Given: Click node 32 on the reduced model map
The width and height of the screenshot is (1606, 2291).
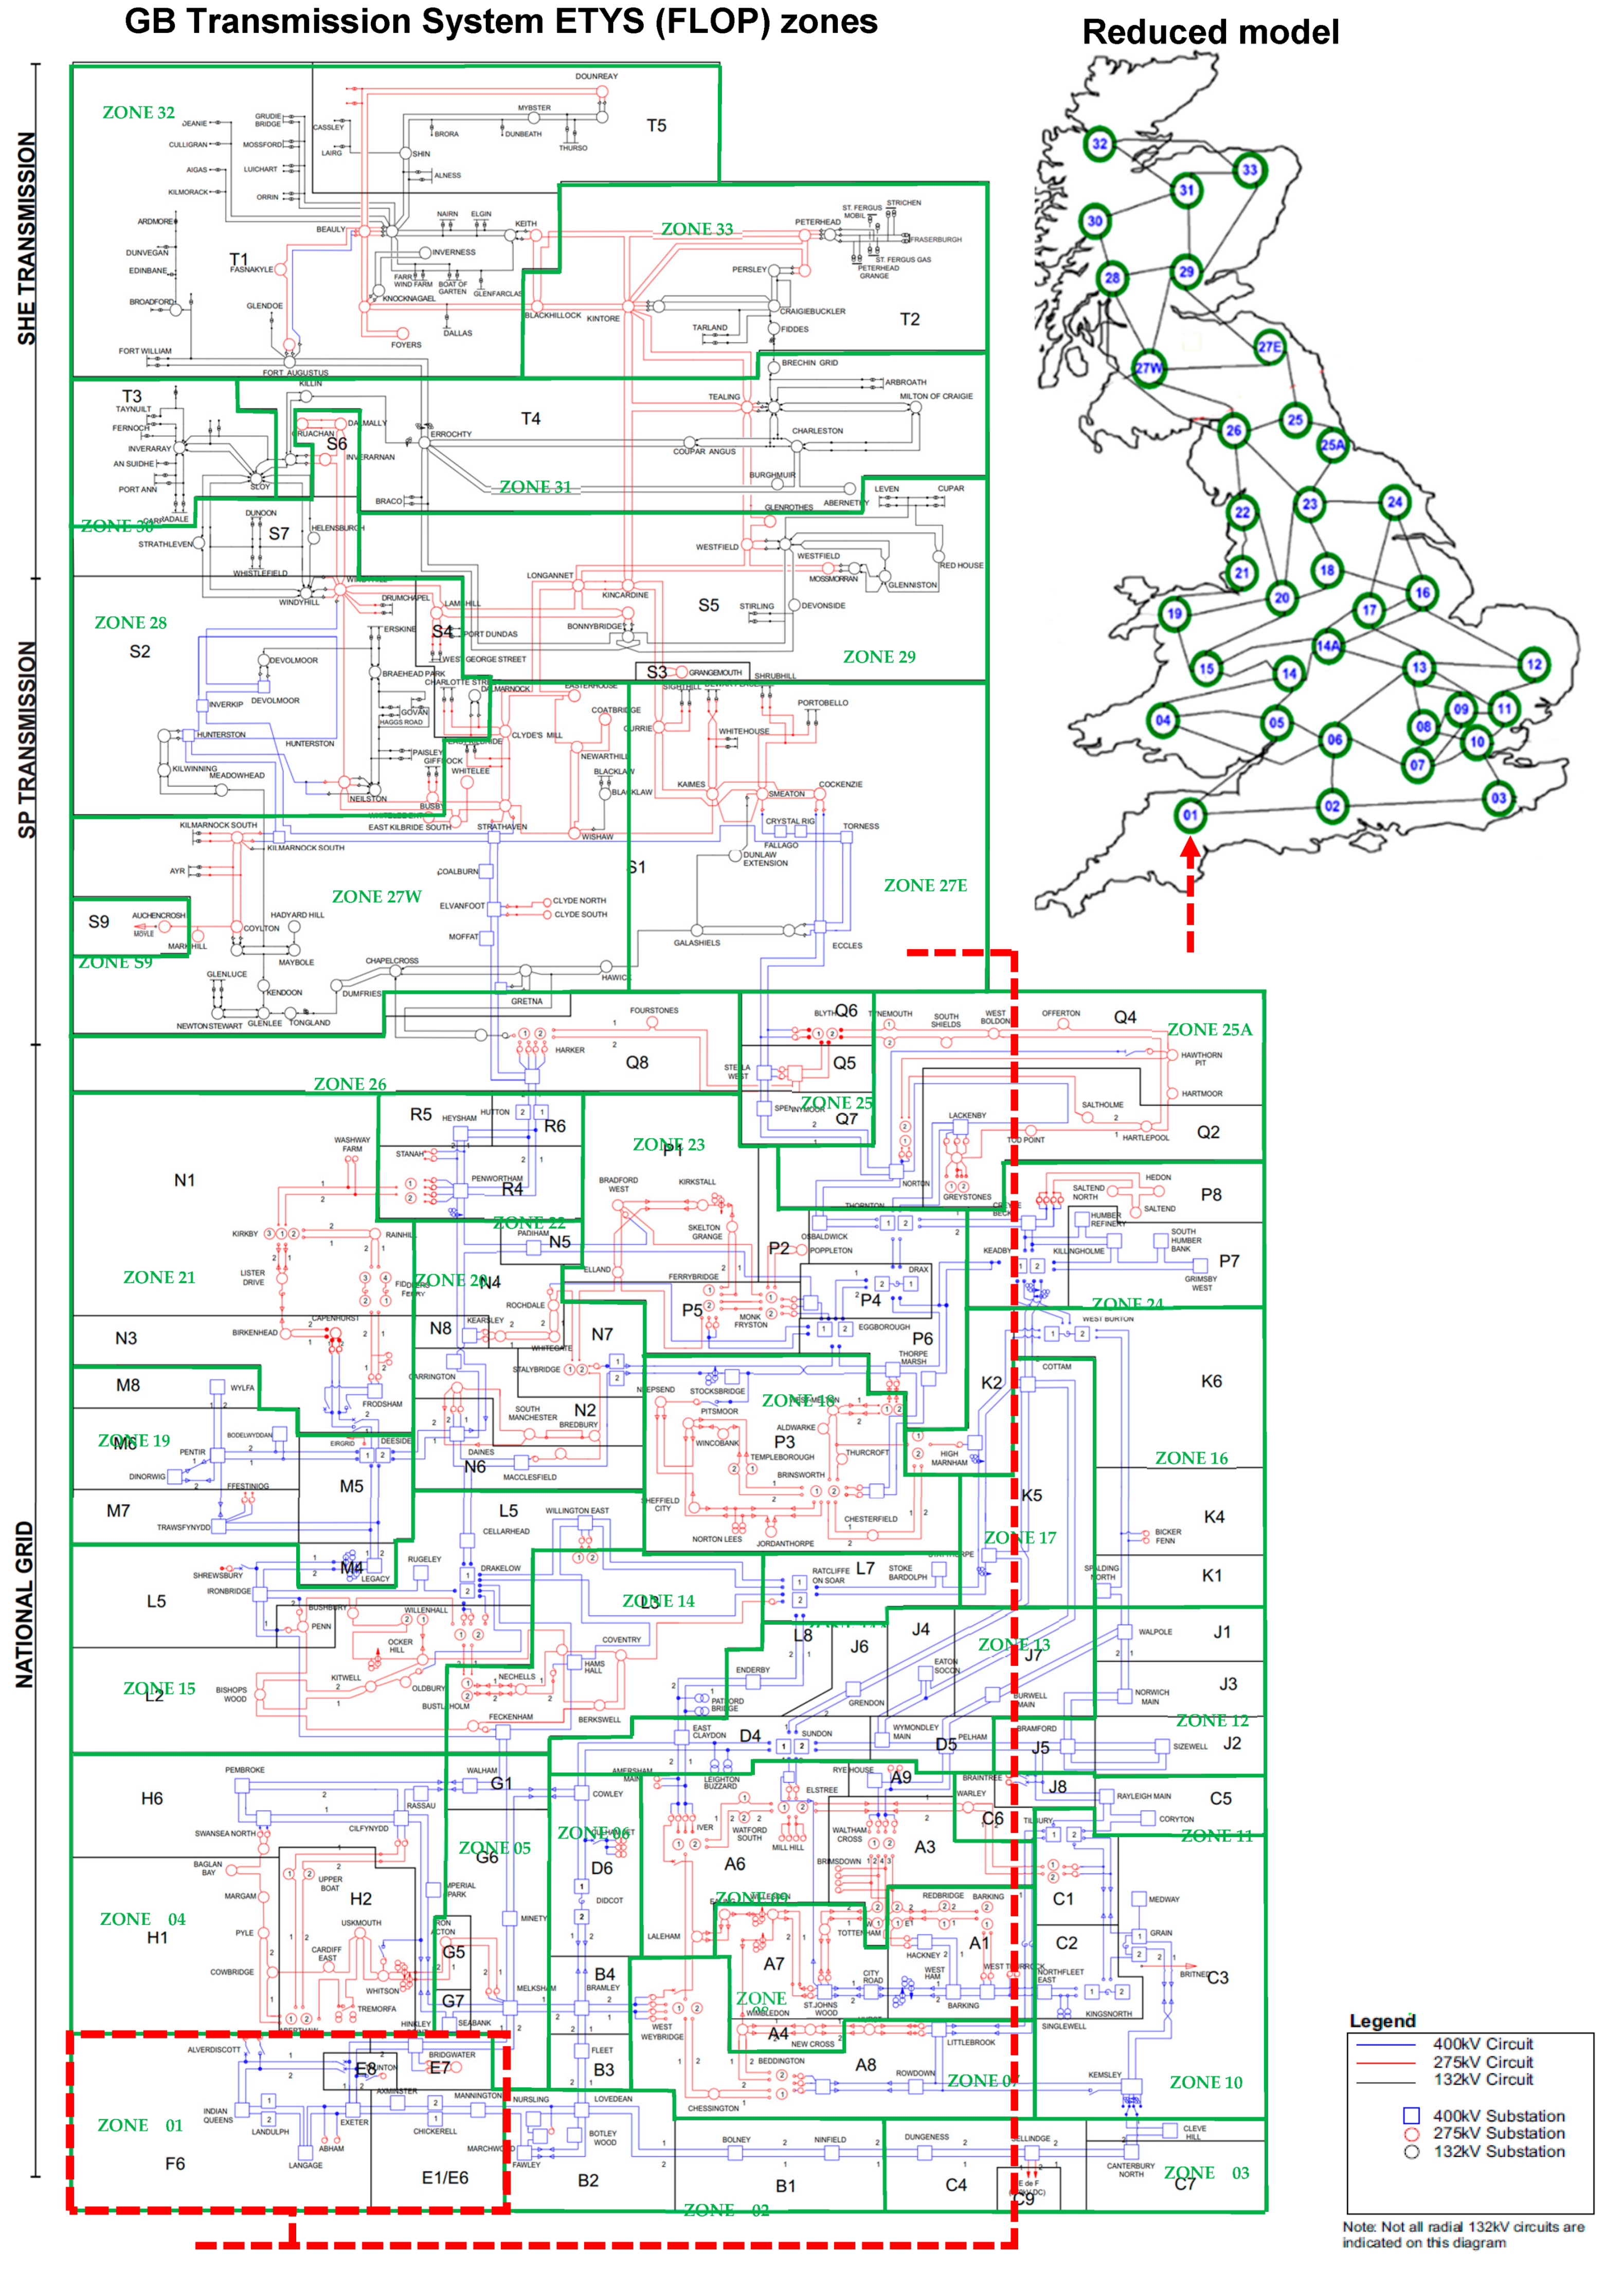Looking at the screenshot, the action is pos(1099,143).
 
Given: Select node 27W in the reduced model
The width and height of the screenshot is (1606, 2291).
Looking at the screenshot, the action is pos(1148,368).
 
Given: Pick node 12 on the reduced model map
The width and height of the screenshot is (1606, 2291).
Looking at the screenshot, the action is pos(1534,665).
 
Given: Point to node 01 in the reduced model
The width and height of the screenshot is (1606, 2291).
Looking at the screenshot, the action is pos(1190,814).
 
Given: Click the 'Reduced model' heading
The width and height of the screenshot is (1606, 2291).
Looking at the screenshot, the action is pos(1210,33).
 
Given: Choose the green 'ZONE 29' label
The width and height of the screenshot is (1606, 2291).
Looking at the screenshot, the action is pos(878,657).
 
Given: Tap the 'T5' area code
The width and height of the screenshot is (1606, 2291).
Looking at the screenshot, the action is pos(656,126).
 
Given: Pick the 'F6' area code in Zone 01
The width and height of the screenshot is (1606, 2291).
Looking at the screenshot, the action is pos(175,2163).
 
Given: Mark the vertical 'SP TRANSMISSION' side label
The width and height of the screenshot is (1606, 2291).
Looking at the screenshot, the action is pos(27,738).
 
